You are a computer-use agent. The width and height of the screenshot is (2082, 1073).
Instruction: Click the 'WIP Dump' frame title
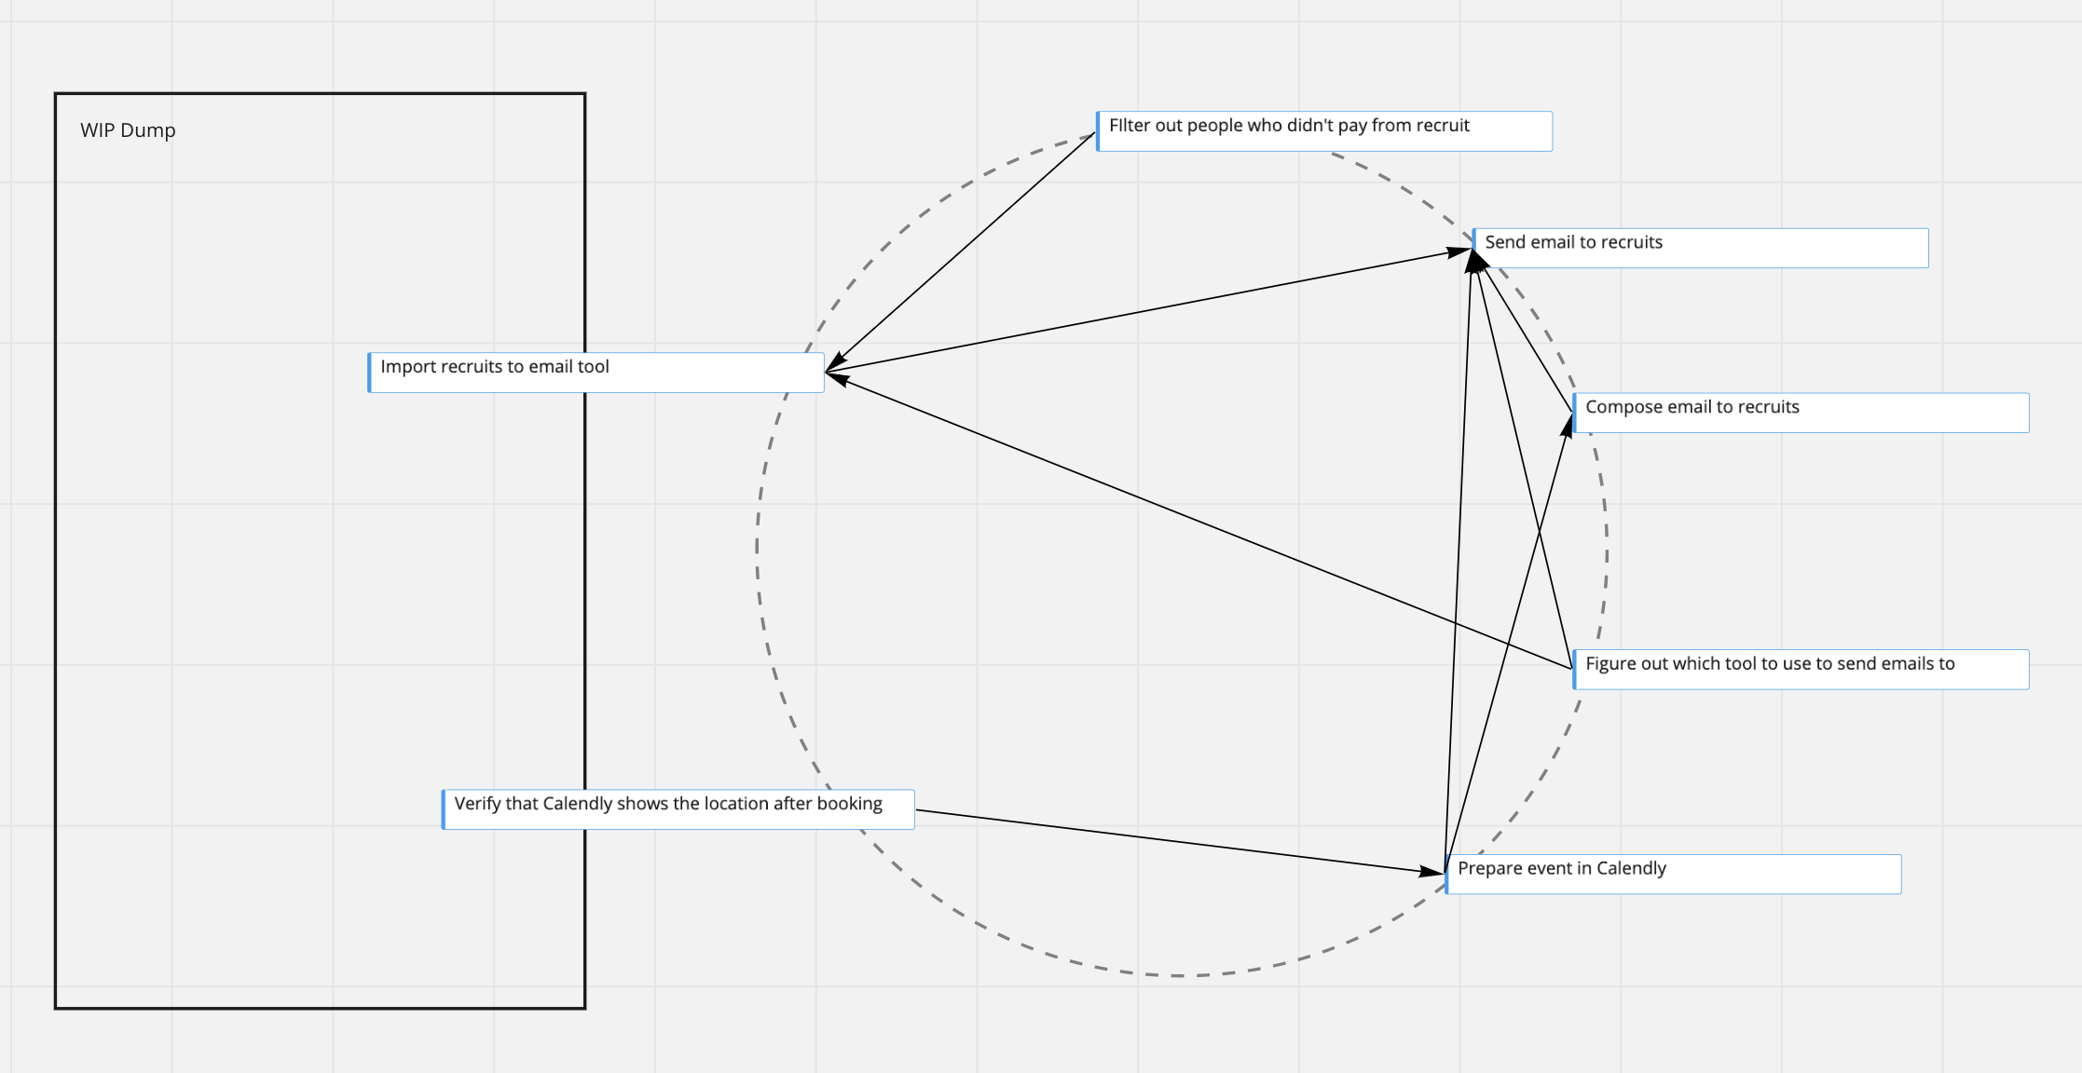128,130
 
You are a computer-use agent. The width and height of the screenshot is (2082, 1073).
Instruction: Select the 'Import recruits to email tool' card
596,373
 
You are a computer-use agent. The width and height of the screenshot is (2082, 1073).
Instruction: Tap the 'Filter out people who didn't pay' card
1323,131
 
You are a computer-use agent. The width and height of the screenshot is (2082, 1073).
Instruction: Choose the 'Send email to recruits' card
1701,248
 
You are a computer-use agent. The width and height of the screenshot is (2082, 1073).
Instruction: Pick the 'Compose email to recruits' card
1801,413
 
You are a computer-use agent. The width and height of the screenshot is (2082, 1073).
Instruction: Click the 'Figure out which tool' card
1801,670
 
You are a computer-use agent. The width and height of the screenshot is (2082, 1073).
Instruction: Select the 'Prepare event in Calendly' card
1673,875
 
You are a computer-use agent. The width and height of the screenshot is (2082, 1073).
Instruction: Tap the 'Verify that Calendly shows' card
678,809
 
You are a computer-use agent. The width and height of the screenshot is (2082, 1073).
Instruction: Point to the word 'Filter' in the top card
1130,126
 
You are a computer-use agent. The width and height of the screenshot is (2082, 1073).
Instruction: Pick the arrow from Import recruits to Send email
1146,311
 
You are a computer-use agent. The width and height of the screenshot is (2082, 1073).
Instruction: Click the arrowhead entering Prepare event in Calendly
1431,872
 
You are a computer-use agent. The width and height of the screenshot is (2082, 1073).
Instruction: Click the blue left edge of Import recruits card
370,373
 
